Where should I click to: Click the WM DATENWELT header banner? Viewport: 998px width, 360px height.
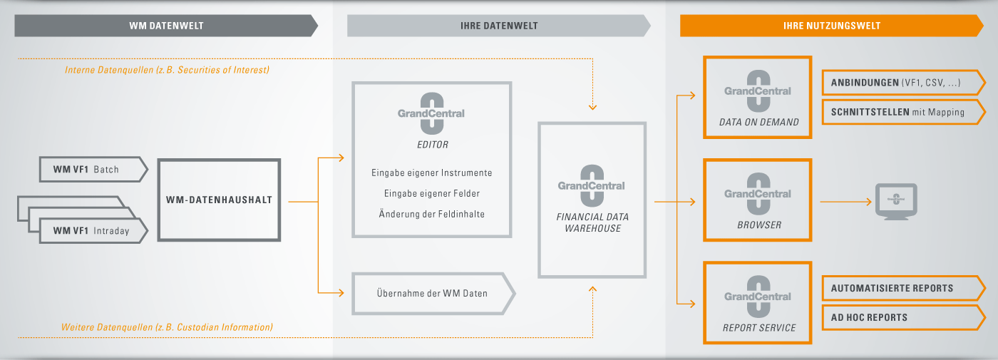pyautogui.click(x=166, y=26)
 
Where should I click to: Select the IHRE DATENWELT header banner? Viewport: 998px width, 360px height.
pyautogui.click(x=499, y=26)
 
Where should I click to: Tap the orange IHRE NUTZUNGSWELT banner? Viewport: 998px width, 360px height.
pyautogui.click(x=832, y=26)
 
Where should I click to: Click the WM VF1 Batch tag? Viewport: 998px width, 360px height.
pyautogui.click(x=93, y=170)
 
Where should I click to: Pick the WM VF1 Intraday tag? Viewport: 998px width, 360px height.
pyautogui.click(x=93, y=230)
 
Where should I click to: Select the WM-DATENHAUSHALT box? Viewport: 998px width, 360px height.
pyautogui.click(x=219, y=200)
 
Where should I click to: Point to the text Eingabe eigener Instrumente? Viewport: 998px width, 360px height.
pyautogui.click(x=432, y=173)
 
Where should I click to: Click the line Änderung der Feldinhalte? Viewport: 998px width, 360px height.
pyautogui.click(x=432, y=214)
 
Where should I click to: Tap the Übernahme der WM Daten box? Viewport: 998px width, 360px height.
pyautogui.click(x=433, y=294)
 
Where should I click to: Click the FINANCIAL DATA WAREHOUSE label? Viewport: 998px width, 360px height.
pyautogui.click(x=592, y=222)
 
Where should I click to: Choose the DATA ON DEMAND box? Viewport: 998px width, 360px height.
pyautogui.click(x=757, y=97)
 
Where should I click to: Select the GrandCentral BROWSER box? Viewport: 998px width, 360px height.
pyautogui.click(x=757, y=200)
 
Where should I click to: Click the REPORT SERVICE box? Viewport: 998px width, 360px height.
pyautogui.click(x=757, y=303)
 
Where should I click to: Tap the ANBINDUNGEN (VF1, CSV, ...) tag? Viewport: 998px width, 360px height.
pyautogui.click(x=904, y=83)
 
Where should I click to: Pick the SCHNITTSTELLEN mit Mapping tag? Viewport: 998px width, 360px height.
pyautogui.click(x=904, y=112)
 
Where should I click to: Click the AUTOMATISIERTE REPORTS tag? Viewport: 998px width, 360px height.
pyautogui.click(x=904, y=288)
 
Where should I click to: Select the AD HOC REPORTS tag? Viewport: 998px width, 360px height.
pyautogui.click(x=904, y=318)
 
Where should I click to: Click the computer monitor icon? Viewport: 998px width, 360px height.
pyautogui.click(x=896, y=201)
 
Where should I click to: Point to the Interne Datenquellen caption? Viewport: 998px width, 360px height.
pyautogui.click(x=167, y=70)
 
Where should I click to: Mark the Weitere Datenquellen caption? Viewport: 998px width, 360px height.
pyautogui.click(x=167, y=327)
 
